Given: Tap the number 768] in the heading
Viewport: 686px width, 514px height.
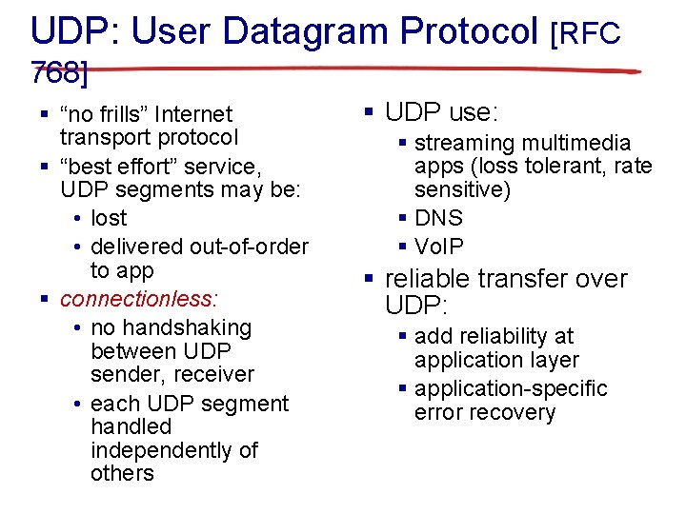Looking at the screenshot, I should click(60, 71).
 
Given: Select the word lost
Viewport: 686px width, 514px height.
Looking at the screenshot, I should click(110, 218).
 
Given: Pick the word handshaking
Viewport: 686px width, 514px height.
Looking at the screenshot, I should click(171, 327).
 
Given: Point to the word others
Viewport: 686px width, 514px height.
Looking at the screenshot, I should click(122, 473).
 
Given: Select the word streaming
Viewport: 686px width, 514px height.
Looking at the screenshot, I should click(463, 143).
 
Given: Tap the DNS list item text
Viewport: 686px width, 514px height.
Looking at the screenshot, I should click(438, 218).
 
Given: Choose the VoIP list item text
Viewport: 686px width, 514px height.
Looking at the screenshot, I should click(439, 247).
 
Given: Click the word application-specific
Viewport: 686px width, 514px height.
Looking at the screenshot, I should click(511, 388).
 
